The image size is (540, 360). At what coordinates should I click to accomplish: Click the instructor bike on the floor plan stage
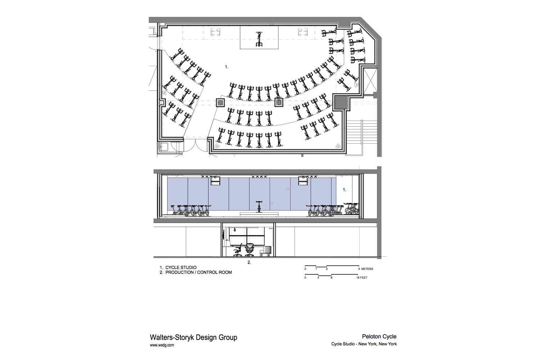[x=259, y=39]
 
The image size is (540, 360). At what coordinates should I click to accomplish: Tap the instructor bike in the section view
[x=259, y=207]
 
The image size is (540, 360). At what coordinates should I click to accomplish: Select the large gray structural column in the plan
[x=341, y=102]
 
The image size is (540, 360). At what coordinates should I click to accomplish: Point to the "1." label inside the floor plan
[x=226, y=67]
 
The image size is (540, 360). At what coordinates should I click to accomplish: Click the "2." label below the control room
[x=249, y=262]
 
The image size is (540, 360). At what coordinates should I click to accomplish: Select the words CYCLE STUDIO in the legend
[x=181, y=267]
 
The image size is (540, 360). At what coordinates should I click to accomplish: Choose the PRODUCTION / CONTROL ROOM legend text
[x=198, y=273]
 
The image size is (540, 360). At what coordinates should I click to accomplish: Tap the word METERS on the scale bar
[x=367, y=269]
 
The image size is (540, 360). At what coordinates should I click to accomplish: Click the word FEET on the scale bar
[x=364, y=278]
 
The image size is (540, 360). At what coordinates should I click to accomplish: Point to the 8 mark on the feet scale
[x=332, y=278]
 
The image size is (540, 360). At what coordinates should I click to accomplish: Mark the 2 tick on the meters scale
[x=327, y=269]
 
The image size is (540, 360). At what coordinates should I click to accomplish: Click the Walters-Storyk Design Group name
[x=193, y=337]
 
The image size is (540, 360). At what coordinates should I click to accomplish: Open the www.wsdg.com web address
[x=162, y=345]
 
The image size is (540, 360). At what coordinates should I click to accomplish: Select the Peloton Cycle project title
[x=379, y=336]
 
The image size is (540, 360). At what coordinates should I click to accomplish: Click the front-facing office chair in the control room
[x=249, y=249]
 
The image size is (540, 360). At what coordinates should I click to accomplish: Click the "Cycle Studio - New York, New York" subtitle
[x=364, y=344]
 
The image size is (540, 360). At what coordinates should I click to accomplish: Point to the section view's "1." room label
[x=345, y=190]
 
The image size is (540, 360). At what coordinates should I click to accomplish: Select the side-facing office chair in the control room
[x=238, y=250]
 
